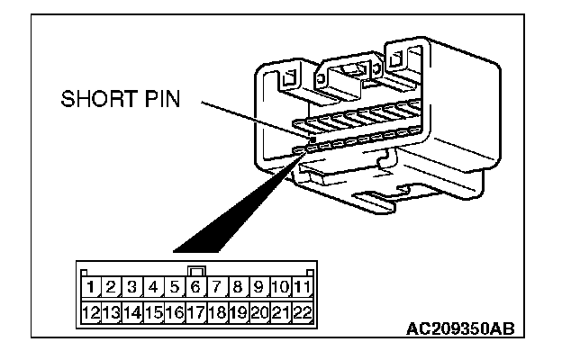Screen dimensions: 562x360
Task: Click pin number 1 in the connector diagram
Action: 93,288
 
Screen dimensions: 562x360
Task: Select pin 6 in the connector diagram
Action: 196,288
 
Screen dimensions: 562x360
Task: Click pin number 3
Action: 133,288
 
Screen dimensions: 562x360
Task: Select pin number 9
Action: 259,288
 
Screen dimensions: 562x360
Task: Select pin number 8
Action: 239,288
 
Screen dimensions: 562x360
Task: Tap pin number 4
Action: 154,288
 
